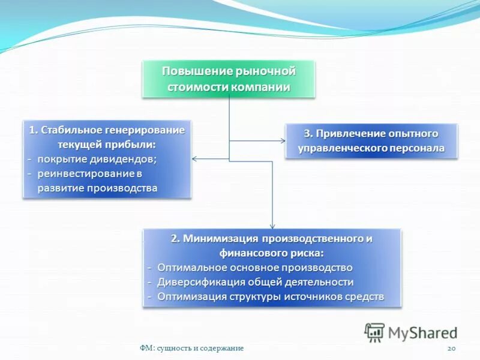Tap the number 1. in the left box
(x=34, y=130)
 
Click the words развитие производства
(x=97, y=188)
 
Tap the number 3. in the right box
(x=308, y=133)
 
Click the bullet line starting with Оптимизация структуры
(x=270, y=296)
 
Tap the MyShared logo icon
(x=374, y=332)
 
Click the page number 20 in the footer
(x=452, y=349)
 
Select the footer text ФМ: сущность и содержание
(x=191, y=349)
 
